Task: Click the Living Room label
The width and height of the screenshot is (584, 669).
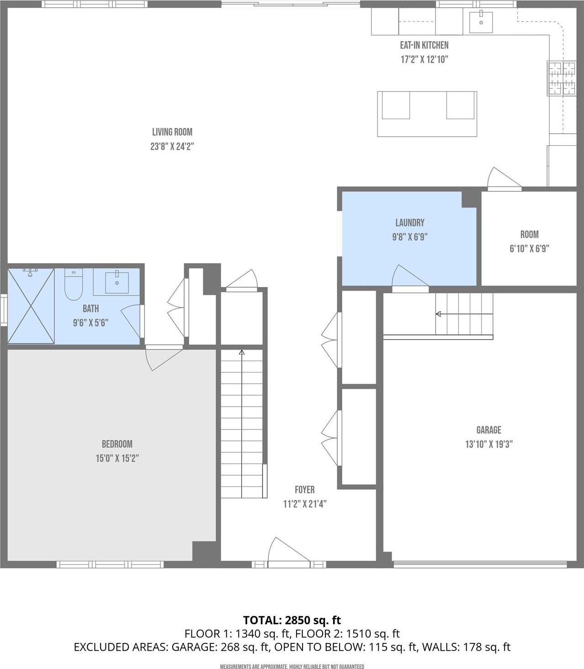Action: tap(172, 132)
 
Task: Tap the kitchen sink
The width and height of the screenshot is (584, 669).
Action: tap(481, 22)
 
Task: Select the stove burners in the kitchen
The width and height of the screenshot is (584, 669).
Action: tap(562, 78)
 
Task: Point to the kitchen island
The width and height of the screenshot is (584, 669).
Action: tap(427, 114)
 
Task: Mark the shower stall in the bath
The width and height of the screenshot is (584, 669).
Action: tap(31, 306)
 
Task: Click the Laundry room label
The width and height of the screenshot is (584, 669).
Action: tap(409, 223)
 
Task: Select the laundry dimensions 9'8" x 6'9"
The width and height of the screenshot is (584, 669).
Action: tap(409, 237)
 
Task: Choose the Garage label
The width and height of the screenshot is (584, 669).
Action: tap(488, 430)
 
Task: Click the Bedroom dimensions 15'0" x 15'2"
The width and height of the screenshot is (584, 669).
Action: tap(117, 458)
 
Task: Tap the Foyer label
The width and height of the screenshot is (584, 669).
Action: tap(304, 490)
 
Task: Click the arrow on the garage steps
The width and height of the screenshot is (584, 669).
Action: tap(438, 314)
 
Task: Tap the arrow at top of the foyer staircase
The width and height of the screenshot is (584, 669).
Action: tap(242, 352)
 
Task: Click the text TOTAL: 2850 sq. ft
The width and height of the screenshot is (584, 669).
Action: tap(292, 620)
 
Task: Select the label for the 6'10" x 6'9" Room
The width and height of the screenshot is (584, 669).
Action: tap(529, 234)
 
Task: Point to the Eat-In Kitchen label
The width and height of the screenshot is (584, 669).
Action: tap(424, 45)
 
